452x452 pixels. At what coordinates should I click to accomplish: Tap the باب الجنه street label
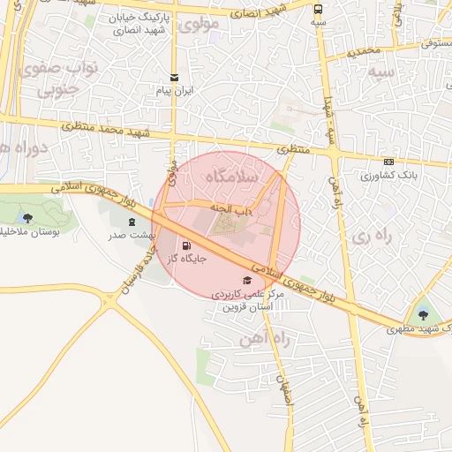pos(232,208)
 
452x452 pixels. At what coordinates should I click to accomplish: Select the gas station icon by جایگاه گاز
pos(186,246)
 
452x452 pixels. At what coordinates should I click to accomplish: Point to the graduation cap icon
pos(245,280)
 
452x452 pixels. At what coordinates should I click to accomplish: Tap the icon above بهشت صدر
pos(132,222)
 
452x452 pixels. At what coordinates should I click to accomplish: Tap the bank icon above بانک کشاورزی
pos(388,162)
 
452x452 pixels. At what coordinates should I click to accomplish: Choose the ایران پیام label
pos(174,91)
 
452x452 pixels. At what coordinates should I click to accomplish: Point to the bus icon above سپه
pos(318,8)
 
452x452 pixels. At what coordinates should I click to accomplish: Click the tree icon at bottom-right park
pos(422,314)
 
